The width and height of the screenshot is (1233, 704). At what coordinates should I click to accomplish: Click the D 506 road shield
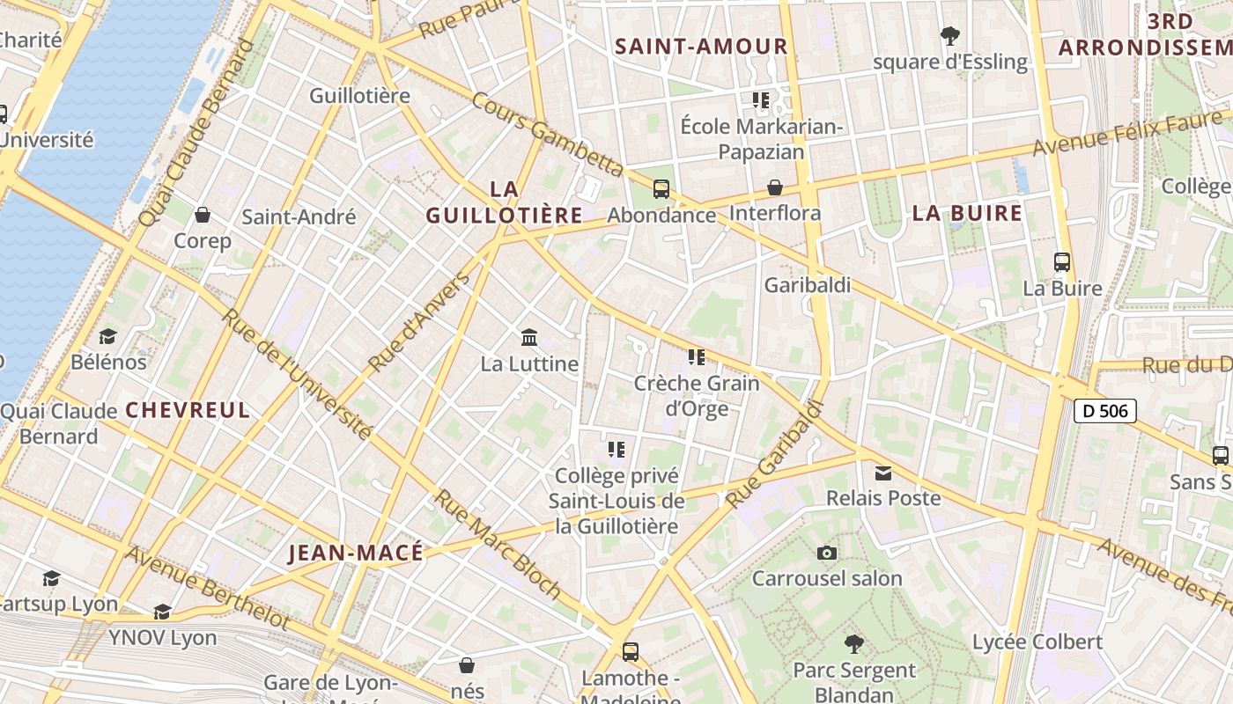pyautogui.click(x=1104, y=410)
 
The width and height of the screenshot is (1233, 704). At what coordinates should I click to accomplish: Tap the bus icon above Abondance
pyautogui.click(x=661, y=188)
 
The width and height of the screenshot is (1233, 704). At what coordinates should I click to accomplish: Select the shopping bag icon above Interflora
pyautogui.click(x=775, y=187)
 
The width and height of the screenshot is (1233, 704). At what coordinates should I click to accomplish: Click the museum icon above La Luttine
pyautogui.click(x=529, y=337)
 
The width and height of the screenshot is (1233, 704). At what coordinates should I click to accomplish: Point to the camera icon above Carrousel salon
pyautogui.click(x=826, y=553)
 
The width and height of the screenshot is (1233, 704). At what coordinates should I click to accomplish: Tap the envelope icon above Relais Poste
pyautogui.click(x=882, y=473)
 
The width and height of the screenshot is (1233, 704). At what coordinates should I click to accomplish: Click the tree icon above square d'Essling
pyautogui.click(x=949, y=36)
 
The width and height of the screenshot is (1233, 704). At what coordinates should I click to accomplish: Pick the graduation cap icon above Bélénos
pyautogui.click(x=108, y=336)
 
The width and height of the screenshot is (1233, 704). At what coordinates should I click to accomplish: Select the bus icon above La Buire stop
pyautogui.click(x=1062, y=262)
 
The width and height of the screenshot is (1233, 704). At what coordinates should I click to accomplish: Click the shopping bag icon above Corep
pyautogui.click(x=203, y=215)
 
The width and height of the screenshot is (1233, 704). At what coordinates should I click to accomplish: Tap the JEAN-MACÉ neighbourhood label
pyautogui.click(x=356, y=553)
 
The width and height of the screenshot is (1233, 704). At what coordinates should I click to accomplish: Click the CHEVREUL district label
pyautogui.click(x=188, y=410)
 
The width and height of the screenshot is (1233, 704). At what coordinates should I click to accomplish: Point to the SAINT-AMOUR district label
pyautogui.click(x=701, y=47)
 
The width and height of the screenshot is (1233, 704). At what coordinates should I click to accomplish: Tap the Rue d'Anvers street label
pyautogui.click(x=419, y=322)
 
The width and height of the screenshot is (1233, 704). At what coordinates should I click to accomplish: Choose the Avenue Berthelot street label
pyautogui.click(x=208, y=588)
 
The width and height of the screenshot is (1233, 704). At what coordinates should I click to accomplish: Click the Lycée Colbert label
pyautogui.click(x=1037, y=642)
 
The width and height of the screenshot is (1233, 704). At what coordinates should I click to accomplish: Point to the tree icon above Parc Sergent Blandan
pyautogui.click(x=853, y=643)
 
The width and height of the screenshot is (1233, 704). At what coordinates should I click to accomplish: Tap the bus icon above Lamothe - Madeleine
pyautogui.click(x=631, y=652)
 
